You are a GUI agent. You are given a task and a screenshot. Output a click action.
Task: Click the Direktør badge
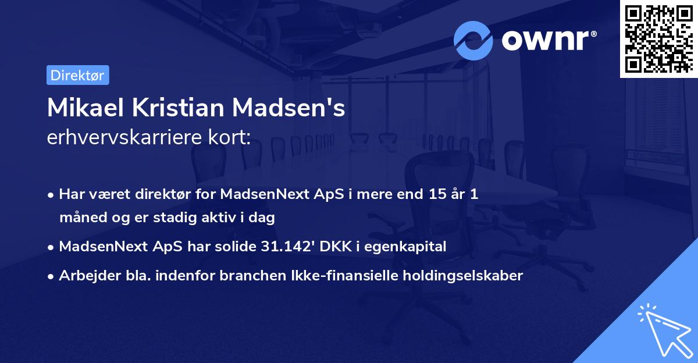click(77, 75)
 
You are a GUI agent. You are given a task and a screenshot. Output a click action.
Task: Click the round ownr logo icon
click(473, 41)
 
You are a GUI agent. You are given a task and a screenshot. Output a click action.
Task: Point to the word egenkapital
click(404, 247)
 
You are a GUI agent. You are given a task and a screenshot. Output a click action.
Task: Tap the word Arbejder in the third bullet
click(84, 276)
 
